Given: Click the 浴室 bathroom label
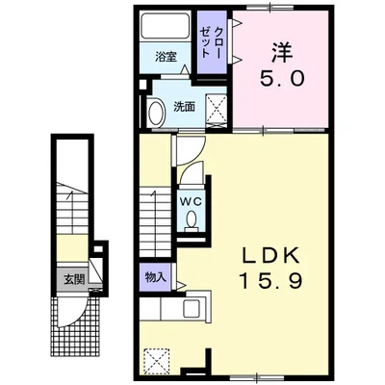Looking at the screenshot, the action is (166, 57).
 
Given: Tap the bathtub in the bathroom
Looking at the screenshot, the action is (166, 26).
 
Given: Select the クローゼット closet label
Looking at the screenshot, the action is (211, 42).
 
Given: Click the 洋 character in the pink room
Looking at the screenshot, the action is (282, 53).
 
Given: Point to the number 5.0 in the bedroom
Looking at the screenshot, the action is (282, 79).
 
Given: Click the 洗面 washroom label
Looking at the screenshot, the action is (184, 107).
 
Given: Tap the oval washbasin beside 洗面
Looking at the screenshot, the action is (157, 114).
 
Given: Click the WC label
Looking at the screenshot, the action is (191, 201).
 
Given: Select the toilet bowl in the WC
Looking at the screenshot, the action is (192, 220).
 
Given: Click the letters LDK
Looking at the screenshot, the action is (271, 255).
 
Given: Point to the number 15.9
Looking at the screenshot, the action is (271, 281).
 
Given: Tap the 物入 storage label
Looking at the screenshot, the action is (156, 277).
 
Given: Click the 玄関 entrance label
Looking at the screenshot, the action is (74, 280).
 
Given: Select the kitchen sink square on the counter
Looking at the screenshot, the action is (192, 308).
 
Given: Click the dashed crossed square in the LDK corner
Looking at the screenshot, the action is (157, 360).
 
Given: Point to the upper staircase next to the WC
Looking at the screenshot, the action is (155, 223).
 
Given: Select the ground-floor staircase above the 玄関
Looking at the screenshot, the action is (72, 209).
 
